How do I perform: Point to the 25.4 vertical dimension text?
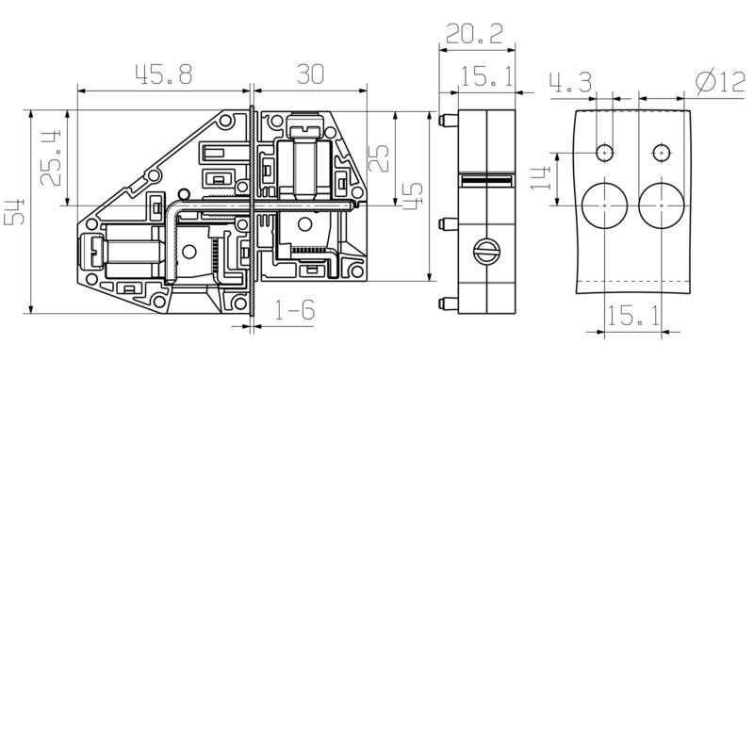[53, 156]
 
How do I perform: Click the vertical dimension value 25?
[378, 156]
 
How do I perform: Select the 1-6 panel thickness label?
[293, 311]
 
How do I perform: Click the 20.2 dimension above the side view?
[476, 35]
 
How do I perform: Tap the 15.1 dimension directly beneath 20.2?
[486, 77]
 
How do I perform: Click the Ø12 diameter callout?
[720, 83]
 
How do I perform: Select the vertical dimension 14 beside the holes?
[541, 176]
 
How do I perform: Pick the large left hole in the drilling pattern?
[604, 205]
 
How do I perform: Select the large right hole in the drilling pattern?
[662, 205]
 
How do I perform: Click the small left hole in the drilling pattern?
[604, 152]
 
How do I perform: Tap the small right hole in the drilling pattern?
[662, 152]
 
